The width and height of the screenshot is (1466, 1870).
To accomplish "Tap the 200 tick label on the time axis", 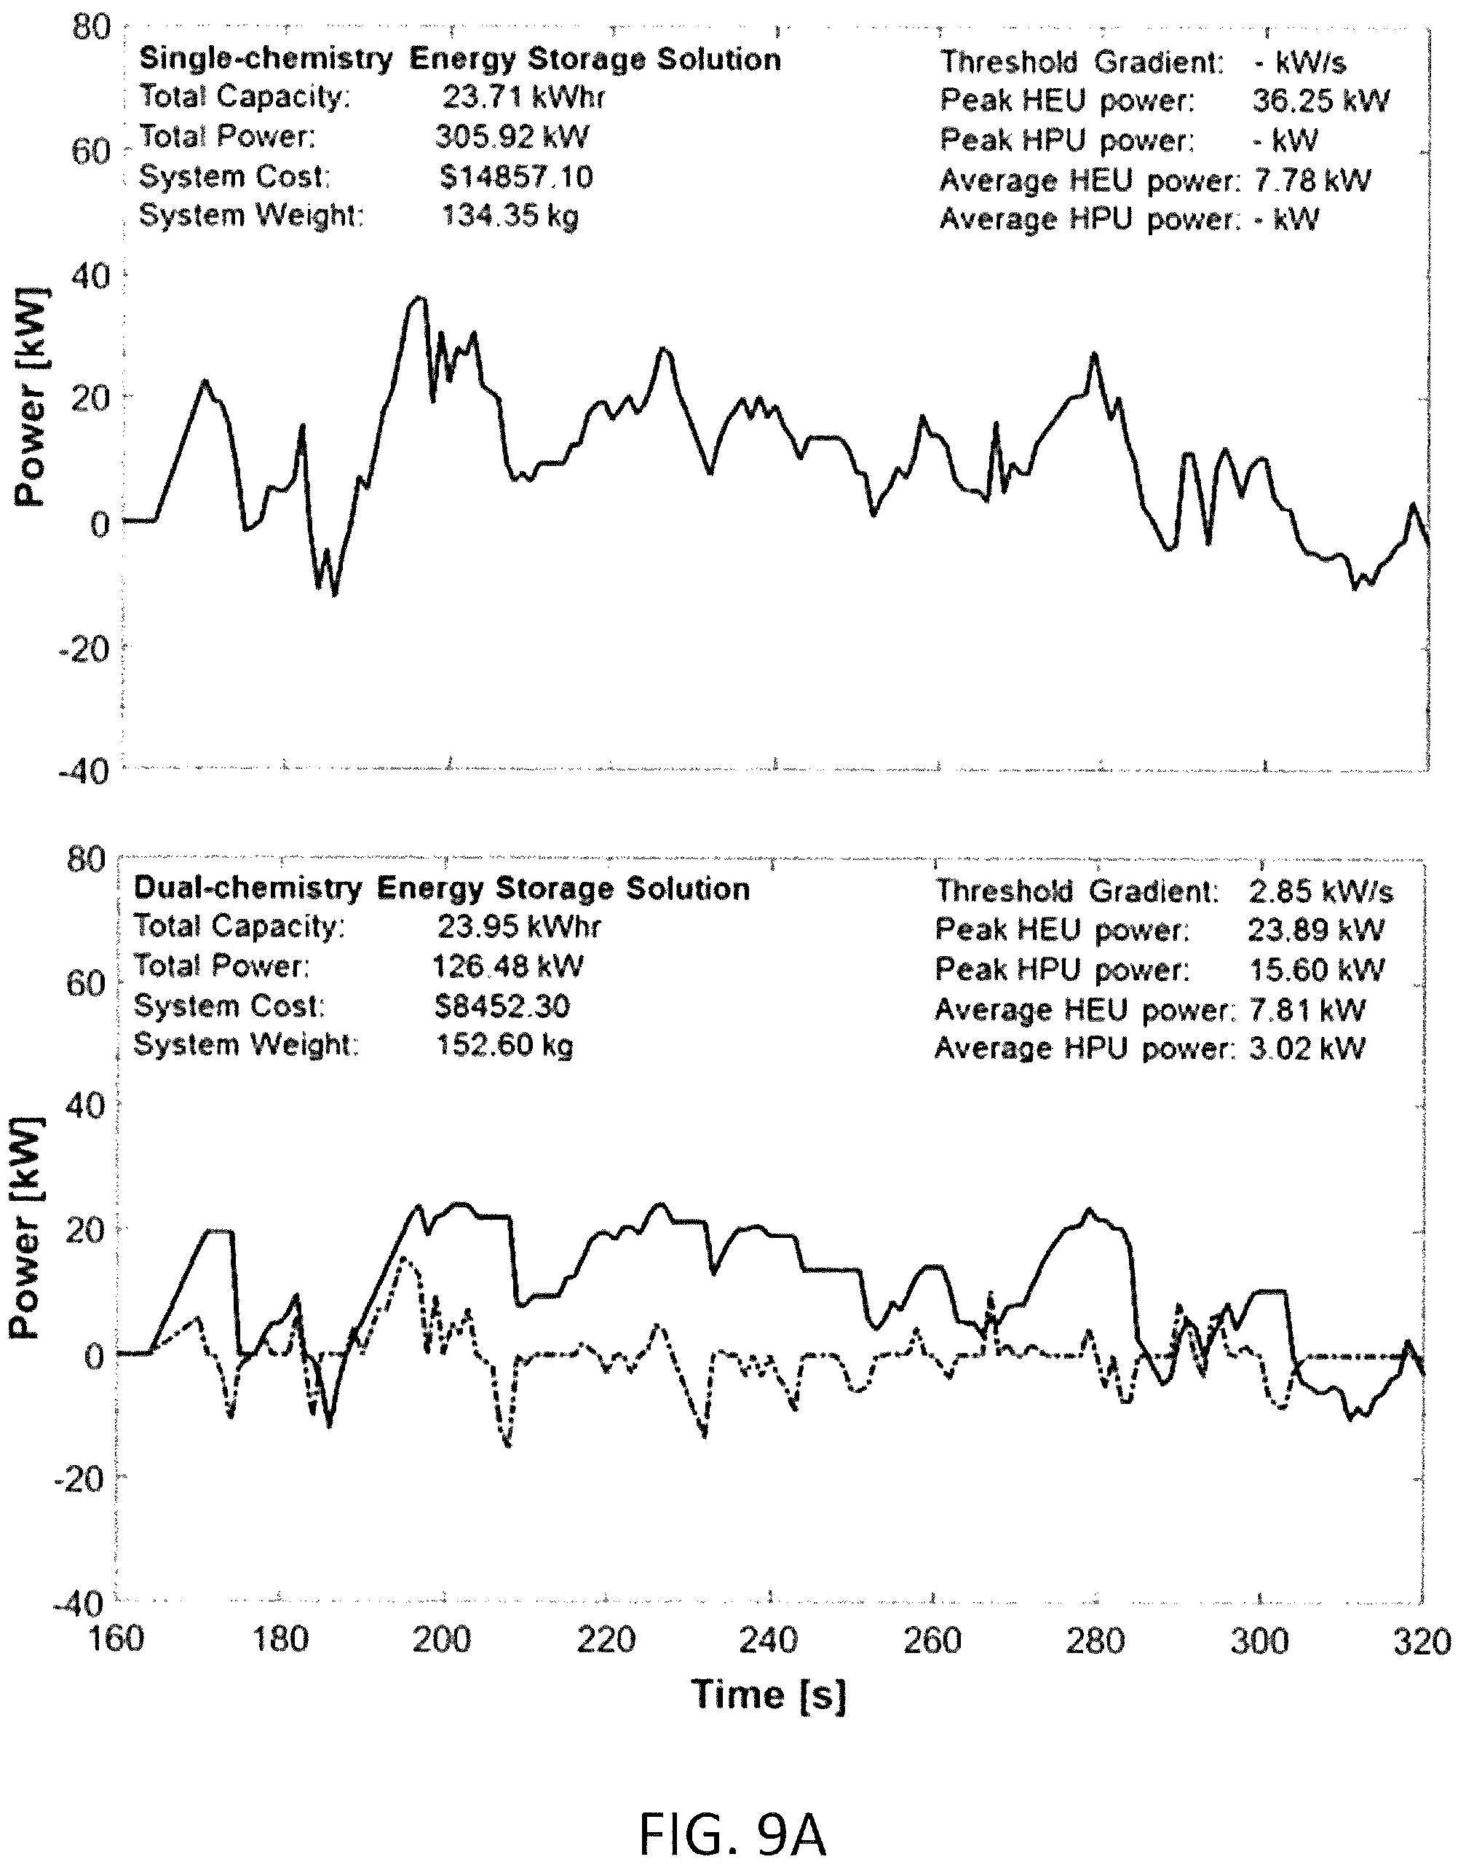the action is tap(441, 1640).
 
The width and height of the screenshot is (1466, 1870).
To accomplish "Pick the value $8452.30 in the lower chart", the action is tap(502, 1006).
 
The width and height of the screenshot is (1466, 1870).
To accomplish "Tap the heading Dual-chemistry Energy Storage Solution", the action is tap(442, 888).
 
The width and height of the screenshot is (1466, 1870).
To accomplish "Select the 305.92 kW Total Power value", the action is tap(512, 136).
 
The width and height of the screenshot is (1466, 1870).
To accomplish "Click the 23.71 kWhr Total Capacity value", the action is tap(523, 96).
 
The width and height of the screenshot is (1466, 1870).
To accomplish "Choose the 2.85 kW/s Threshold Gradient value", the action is tap(1321, 891).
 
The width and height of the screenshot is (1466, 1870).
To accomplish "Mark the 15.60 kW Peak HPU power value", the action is tap(1316, 969).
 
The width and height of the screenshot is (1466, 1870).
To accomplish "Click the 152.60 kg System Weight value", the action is tap(504, 1045).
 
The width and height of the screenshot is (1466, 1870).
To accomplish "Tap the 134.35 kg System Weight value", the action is tap(510, 216).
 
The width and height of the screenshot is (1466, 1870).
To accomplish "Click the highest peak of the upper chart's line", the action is tap(418, 298).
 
